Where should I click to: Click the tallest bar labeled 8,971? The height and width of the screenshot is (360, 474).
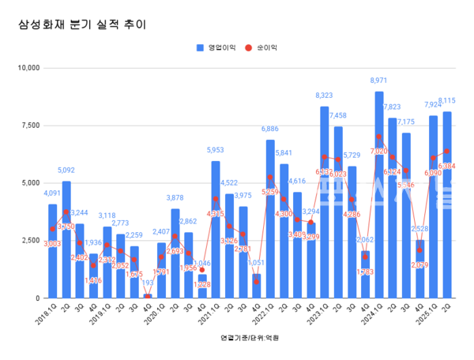(x=379, y=197)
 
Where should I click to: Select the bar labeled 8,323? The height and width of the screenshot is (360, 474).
(x=324, y=205)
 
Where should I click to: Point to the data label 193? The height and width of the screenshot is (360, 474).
(x=148, y=282)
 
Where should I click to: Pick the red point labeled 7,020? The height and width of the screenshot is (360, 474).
(x=379, y=137)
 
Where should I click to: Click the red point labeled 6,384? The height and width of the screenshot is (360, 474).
(x=447, y=151)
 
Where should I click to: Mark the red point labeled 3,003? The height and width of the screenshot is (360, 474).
(x=53, y=229)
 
